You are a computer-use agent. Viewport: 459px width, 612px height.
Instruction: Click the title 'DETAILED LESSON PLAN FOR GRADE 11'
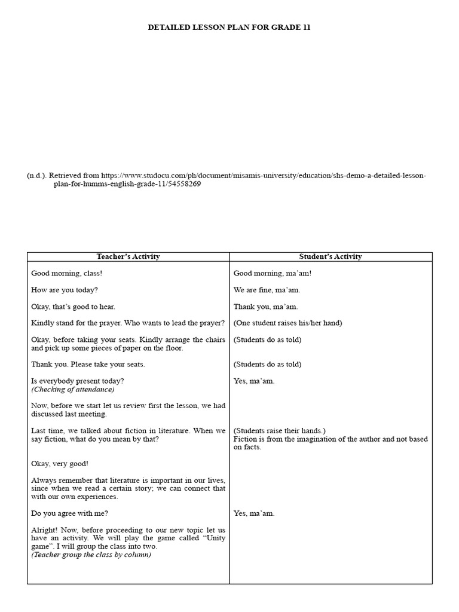229,27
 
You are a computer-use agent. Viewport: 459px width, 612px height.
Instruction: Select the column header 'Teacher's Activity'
128,256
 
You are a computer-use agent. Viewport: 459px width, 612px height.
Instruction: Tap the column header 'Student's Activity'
331,256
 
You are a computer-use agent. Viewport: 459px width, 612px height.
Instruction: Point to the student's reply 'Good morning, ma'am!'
273,273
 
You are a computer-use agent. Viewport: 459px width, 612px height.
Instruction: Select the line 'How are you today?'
65,290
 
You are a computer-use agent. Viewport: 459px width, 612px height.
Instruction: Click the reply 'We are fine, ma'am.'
267,290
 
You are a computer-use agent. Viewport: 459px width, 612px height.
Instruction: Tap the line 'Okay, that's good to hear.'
74,307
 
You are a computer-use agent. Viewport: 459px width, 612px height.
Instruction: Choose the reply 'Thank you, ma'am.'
265,307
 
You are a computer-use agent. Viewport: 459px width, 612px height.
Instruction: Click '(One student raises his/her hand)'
287,323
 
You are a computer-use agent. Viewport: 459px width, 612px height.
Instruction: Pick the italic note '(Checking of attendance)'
73,389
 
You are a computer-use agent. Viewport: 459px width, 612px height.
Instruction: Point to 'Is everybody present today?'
78,381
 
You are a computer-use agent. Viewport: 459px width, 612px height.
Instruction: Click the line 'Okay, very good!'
60,463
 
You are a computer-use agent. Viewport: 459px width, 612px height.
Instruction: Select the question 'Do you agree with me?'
70,513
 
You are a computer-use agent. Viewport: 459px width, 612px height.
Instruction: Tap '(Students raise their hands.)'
280,430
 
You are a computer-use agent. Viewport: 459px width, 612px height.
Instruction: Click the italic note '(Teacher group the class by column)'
91,554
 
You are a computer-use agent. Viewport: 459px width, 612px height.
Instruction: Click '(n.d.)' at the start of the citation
36,176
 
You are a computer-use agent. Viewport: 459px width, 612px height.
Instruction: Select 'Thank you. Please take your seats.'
88,364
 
